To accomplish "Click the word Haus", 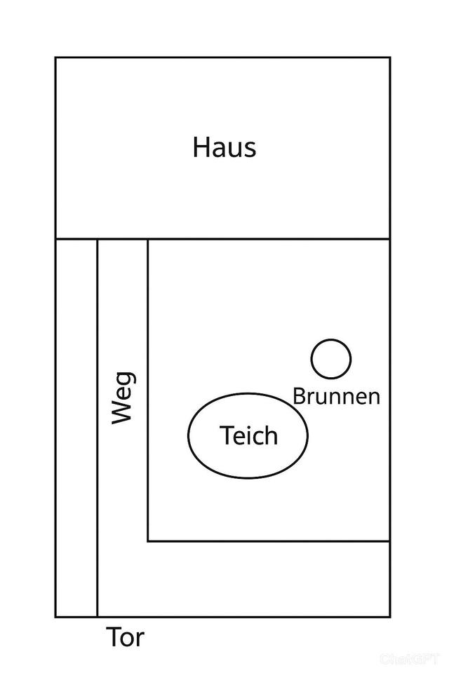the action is coord(224,148).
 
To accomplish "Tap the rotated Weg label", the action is coord(123,398).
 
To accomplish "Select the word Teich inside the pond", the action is coord(248,436).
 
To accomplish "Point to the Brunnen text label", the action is coord(336,396).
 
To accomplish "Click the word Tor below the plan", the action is coord(126,638).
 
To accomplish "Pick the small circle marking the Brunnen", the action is coord(331,359).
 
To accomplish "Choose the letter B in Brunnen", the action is coord(298,396).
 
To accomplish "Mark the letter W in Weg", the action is coord(123,412).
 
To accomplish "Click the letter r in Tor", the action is coord(140,640).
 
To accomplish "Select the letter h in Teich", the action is coord(272,435).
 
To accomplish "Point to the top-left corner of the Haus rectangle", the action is coord(56,57).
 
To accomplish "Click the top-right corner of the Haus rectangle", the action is coord(389,57).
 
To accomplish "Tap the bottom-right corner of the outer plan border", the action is coord(389,617).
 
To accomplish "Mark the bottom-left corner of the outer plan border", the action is coord(56,617).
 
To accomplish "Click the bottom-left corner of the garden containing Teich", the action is coord(148,541).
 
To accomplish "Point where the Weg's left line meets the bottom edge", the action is coord(97,617).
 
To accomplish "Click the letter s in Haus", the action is coord(249,150).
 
